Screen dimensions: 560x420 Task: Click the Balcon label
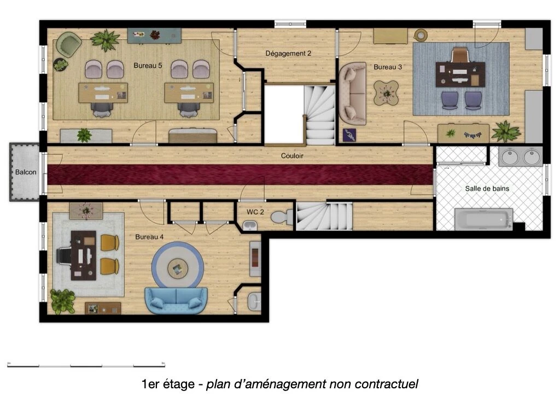pyautogui.click(x=26, y=172)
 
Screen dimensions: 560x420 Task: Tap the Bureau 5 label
pyautogui.click(x=148, y=66)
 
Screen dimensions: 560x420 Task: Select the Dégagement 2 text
pyautogui.click(x=288, y=54)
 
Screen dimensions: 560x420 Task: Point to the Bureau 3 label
pyautogui.click(x=388, y=67)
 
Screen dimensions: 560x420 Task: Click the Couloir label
pyautogui.click(x=292, y=156)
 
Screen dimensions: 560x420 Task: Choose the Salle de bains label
pyautogui.click(x=487, y=189)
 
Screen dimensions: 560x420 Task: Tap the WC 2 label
pyautogui.click(x=255, y=212)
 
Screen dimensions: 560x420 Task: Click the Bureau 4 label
pyautogui.click(x=149, y=237)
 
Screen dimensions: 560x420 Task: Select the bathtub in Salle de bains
pyautogui.click(x=483, y=219)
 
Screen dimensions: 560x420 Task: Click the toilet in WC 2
pyautogui.click(x=282, y=217)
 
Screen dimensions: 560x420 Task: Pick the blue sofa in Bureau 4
pyautogui.click(x=176, y=301)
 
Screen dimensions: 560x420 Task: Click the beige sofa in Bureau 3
pyautogui.click(x=353, y=94)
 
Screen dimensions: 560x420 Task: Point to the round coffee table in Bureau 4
pyautogui.click(x=178, y=267)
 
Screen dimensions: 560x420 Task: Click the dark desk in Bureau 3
pyautogui.click(x=460, y=74)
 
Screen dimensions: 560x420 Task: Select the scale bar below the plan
pyautogui.click(x=86, y=365)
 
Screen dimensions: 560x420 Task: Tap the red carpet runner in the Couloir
pyautogui.click(x=240, y=174)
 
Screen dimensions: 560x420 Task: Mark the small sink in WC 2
pyautogui.click(x=250, y=225)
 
